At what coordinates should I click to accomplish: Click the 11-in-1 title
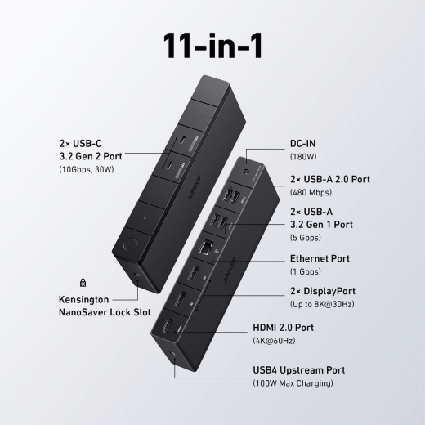click(212, 46)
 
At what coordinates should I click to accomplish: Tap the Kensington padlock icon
click(83, 283)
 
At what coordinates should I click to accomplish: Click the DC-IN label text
click(302, 144)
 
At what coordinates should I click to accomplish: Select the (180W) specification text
click(303, 157)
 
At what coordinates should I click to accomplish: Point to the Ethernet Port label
click(320, 258)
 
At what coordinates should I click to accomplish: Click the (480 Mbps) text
click(311, 192)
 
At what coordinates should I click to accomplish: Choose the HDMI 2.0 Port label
click(283, 328)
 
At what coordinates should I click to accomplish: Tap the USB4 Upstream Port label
click(299, 370)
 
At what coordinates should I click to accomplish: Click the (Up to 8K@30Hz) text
click(322, 304)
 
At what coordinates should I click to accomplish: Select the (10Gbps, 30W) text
click(87, 169)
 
